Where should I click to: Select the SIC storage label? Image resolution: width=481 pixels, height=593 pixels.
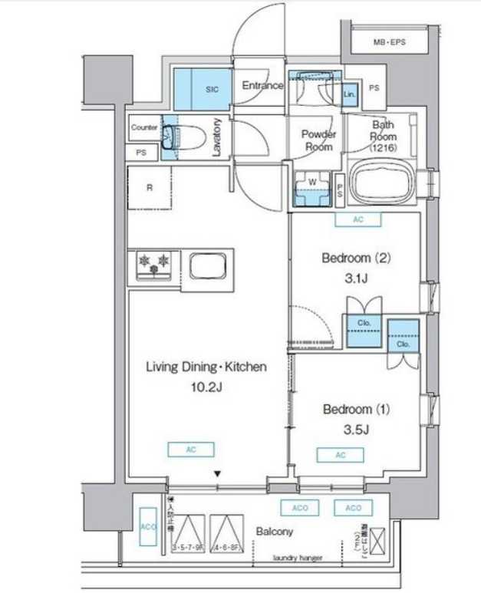(x=212, y=90)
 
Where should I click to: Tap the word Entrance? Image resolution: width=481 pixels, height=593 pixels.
(x=263, y=86)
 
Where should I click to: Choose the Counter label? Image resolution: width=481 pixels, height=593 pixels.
(x=144, y=127)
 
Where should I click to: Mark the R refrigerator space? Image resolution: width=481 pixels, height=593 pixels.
(x=149, y=187)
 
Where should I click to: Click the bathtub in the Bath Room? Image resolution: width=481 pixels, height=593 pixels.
(x=381, y=186)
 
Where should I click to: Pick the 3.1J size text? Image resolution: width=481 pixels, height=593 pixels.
(x=356, y=278)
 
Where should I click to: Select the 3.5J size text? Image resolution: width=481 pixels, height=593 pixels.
(x=356, y=429)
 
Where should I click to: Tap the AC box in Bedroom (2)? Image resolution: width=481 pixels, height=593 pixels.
(x=357, y=219)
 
